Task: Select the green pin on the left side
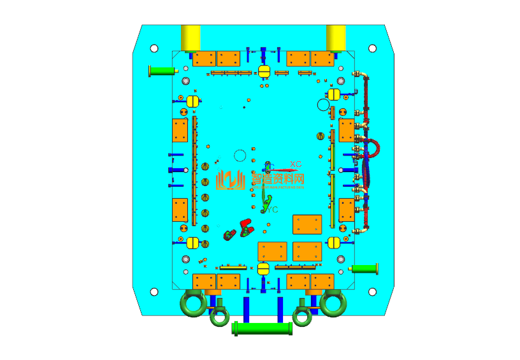point(160,70)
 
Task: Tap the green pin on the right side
point(366,268)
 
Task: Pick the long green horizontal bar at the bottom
point(263,329)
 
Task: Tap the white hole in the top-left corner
point(154,48)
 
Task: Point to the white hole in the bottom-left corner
point(154,292)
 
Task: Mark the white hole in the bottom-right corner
point(372,291)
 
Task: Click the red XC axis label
point(296,164)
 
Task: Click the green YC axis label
point(272,209)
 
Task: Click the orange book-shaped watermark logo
point(231,180)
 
